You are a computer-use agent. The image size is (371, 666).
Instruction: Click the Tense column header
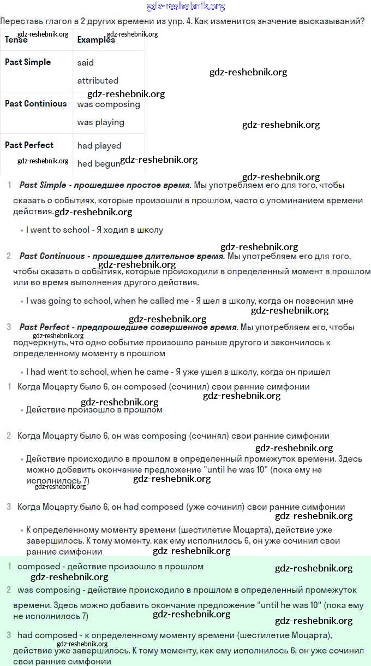pos(16,40)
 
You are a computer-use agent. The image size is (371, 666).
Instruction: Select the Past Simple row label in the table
pos(28,62)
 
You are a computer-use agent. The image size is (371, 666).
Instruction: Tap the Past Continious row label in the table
pos(36,104)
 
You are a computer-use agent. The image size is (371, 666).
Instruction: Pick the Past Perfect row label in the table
pos(29,145)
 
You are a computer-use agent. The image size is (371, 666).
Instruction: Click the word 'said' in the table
pos(86,63)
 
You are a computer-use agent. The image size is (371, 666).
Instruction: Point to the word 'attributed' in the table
pos(98,81)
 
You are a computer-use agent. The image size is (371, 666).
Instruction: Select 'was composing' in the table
pos(109,104)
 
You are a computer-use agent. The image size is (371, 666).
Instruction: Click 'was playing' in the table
pos(101,122)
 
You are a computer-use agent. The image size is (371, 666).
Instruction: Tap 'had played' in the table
pos(99,146)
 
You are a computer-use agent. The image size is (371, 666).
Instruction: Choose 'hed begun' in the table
pos(98,164)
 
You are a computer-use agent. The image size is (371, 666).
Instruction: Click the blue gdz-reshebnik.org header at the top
pos(185,7)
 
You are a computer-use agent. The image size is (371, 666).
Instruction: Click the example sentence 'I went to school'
pos(57,230)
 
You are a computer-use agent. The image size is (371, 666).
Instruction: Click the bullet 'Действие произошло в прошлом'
pos(94,410)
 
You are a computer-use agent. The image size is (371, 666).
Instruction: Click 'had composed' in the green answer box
pos(47,635)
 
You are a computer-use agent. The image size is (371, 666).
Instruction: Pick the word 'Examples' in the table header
pos(96,40)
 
